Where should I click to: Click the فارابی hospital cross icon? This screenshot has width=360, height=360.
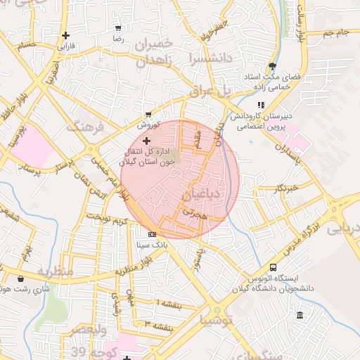pos(65,34)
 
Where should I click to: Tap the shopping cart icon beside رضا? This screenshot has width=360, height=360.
pos(117,29)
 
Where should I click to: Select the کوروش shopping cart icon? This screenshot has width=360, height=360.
pos(148,114)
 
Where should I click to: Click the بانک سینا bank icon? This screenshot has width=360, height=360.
pos(152,234)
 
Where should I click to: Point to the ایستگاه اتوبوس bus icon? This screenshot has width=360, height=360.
pos(273,267)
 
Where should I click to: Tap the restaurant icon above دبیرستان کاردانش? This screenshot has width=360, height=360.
pos(261,105)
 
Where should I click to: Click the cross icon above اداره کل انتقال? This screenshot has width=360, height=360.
pos(146,141)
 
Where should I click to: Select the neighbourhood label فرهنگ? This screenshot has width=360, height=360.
pos(84,127)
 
